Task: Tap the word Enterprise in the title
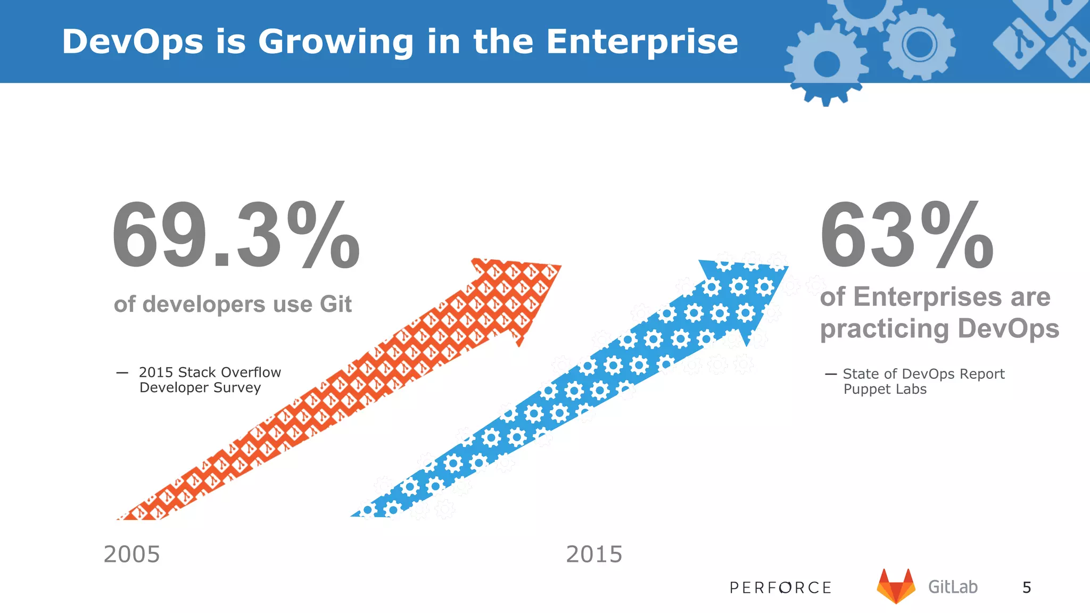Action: click(642, 42)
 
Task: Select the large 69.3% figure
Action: click(236, 236)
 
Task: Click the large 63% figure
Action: click(906, 236)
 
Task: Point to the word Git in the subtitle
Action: click(335, 304)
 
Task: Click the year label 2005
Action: click(131, 554)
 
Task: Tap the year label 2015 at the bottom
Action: click(593, 554)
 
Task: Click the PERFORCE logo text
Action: click(780, 587)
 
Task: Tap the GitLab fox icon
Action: click(896, 586)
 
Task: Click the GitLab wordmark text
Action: click(953, 587)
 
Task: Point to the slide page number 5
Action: click(1027, 587)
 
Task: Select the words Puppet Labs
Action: click(885, 390)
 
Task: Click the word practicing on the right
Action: click(884, 329)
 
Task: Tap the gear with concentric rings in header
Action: click(919, 45)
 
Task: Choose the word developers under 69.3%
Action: click(204, 304)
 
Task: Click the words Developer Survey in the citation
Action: click(200, 388)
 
